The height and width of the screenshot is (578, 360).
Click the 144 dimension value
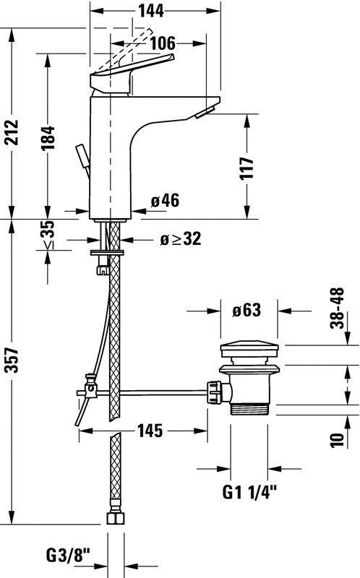151,11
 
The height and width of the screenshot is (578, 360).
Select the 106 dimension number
163,43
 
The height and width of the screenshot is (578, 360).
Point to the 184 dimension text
48,138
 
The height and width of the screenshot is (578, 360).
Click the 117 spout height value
247,168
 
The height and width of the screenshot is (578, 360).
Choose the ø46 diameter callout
165,201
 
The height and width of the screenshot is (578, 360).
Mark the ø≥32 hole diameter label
181,239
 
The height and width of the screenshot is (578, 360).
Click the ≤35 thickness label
48,234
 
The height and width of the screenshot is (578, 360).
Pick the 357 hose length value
12,360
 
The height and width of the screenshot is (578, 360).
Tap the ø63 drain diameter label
247,310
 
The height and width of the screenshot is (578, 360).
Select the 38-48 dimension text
337,309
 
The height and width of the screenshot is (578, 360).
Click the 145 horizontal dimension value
150,431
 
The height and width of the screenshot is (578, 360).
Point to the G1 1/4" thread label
249,492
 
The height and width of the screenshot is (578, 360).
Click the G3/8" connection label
68,555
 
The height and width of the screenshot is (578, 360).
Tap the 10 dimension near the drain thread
337,440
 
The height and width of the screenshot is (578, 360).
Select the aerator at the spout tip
205,111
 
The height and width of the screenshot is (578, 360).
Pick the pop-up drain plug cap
249,350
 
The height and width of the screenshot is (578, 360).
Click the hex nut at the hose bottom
116,518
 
